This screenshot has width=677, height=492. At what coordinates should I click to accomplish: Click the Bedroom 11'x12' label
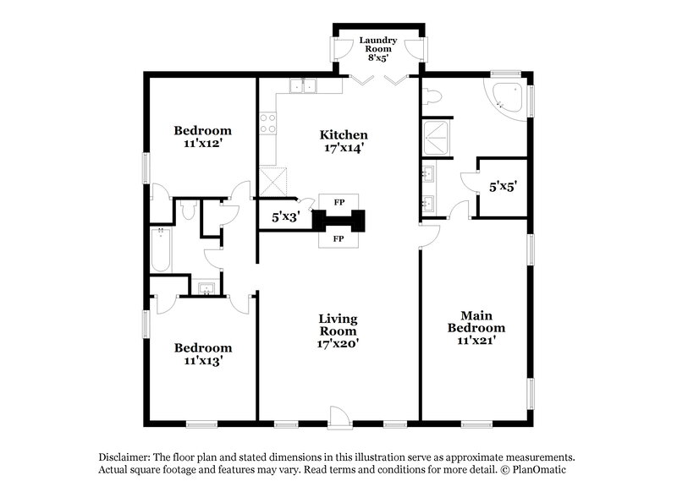click(202, 137)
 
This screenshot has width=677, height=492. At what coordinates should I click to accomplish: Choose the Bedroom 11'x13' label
click(202, 353)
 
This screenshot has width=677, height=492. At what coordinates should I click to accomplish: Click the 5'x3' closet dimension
click(283, 217)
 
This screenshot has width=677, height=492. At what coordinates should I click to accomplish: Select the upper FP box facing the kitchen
click(339, 203)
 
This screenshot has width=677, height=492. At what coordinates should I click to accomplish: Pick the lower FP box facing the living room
click(339, 239)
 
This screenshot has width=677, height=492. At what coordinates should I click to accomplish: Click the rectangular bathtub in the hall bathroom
click(158, 249)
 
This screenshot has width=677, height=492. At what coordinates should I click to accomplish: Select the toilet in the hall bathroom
click(188, 210)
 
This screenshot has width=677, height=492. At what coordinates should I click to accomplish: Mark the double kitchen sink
click(301, 85)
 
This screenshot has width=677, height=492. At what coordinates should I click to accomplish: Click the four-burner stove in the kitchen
click(268, 123)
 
